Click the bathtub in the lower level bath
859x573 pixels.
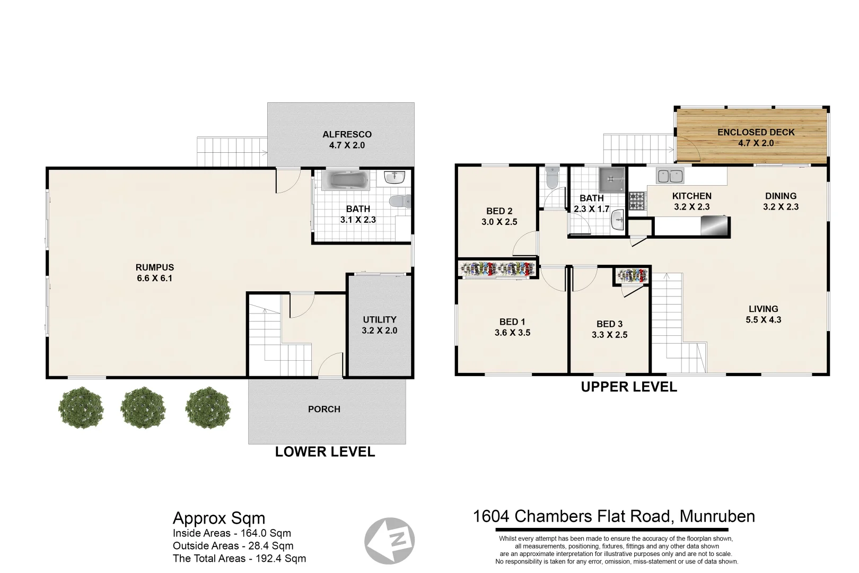click(x=346, y=180)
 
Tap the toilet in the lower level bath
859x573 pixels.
click(x=400, y=201)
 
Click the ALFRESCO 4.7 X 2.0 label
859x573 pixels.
click(x=347, y=140)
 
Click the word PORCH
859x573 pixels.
click(x=324, y=409)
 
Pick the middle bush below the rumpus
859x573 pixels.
click(x=143, y=407)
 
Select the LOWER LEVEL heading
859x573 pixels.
click(x=325, y=452)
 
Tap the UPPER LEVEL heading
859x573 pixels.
click(x=629, y=387)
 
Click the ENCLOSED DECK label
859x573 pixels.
click(x=756, y=132)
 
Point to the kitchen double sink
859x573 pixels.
click(x=670, y=175)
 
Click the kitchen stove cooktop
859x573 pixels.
click(x=637, y=201)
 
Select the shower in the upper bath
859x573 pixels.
click(x=611, y=180)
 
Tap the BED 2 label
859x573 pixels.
click(x=499, y=211)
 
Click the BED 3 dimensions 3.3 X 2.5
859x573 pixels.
click(x=609, y=335)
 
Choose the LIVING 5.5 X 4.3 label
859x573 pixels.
click(x=763, y=314)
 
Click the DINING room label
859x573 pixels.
click(x=781, y=196)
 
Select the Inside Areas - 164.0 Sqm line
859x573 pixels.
click(x=232, y=533)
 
